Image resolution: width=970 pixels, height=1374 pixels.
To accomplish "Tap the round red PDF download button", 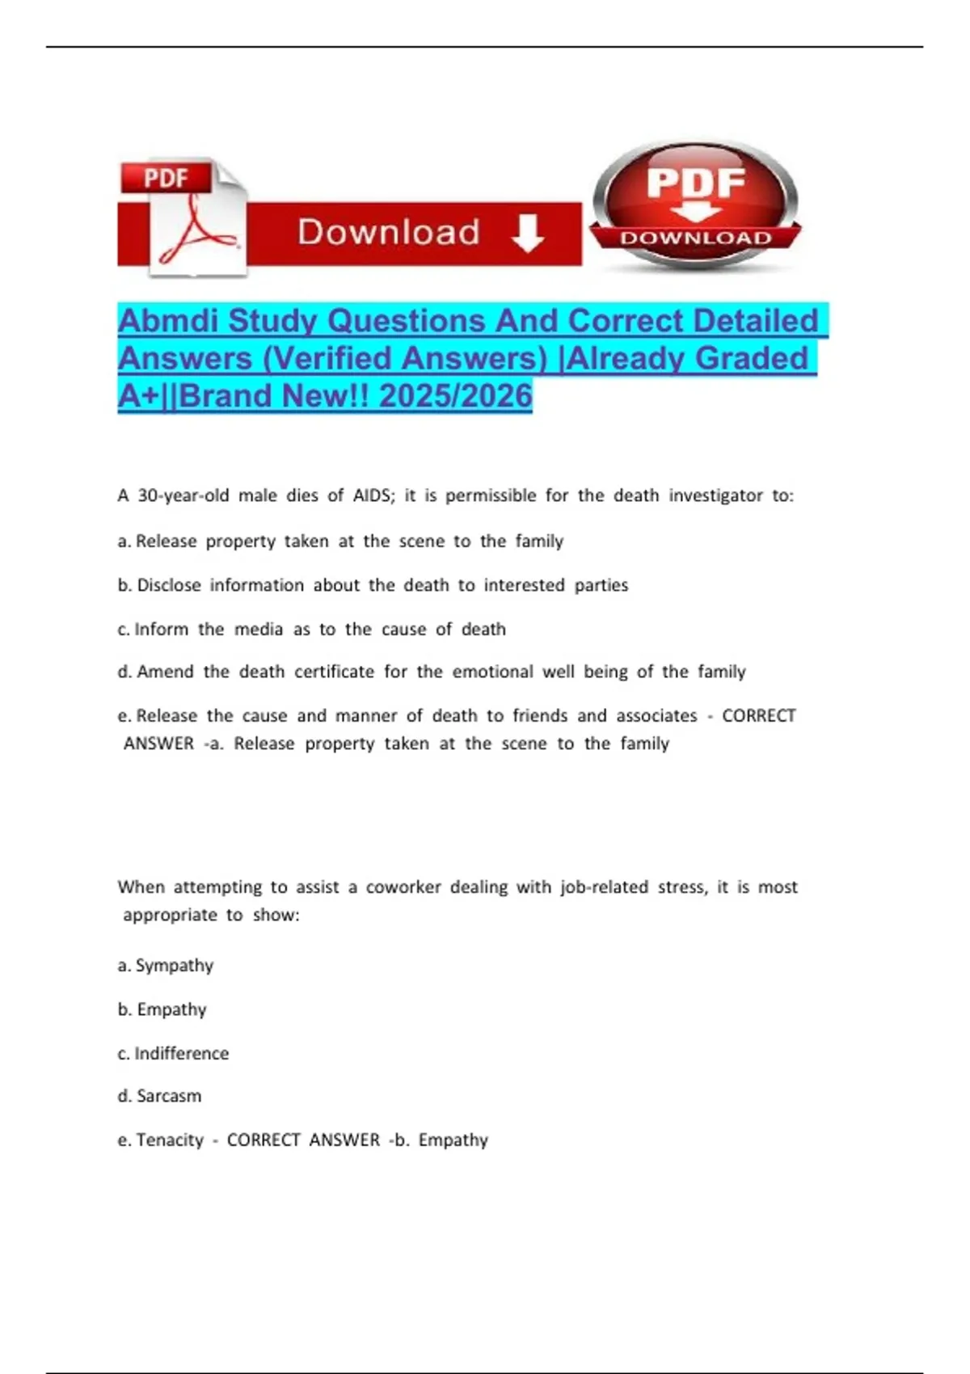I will (x=695, y=206).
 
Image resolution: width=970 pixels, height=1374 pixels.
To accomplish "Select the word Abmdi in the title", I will (x=168, y=321).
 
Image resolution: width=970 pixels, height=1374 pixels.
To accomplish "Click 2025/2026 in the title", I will (x=455, y=396).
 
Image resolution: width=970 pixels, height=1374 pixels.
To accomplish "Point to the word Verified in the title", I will (x=333, y=358).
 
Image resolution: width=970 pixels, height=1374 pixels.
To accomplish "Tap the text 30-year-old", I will (x=183, y=495).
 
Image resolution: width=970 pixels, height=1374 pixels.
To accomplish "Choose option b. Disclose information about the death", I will (x=372, y=585).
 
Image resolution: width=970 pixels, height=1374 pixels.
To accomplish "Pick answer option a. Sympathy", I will (x=166, y=965).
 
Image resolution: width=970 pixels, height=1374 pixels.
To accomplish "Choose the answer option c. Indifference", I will (x=173, y=1053).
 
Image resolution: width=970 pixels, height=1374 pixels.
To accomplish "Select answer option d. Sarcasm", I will (x=160, y=1096).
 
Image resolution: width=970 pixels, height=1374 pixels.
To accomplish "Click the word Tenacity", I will (x=170, y=1140).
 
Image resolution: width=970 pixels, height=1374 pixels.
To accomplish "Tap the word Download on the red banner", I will (x=389, y=233).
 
